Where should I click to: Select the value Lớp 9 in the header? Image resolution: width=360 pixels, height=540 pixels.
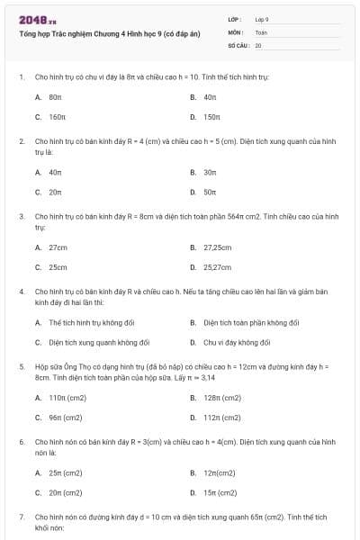coord(262,19)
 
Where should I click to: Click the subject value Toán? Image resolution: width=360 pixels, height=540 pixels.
coord(261,31)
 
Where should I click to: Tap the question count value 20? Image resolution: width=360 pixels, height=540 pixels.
coord(258,44)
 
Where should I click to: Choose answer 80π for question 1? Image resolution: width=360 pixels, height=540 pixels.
coord(55,96)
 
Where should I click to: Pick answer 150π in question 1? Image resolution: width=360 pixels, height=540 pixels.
coord(211,117)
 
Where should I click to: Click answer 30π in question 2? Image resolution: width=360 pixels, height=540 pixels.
coord(210,172)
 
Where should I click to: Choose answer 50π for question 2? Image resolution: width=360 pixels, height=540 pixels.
coord(210,192)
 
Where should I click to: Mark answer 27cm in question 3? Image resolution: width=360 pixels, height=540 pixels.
coord(58,247)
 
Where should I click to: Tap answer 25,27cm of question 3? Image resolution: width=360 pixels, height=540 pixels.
coord(218,267)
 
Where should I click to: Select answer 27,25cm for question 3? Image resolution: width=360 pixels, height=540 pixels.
coord(218,247)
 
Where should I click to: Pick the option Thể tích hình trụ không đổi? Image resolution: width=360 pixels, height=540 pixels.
coord(93,322)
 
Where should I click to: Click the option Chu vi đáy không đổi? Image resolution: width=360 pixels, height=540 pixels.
coord(237,342)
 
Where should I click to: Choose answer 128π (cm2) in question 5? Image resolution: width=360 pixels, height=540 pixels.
coord(221,397)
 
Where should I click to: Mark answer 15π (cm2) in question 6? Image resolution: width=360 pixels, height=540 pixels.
coord(220,492)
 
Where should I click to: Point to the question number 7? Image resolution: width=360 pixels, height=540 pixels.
coord(22,517)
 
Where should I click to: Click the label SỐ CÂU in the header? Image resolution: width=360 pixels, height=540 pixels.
coord(239,44)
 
